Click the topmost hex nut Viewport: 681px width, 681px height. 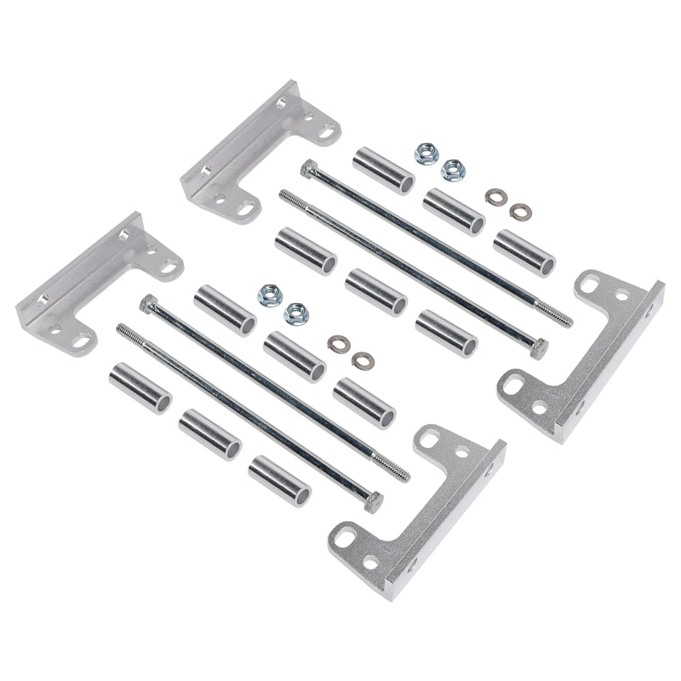[x=425, y=153]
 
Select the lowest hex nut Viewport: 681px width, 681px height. [x=296, y=312]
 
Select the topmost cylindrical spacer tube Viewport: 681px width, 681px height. [x=383, y=169]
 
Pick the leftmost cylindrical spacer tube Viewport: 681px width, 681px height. [x=140, y=387]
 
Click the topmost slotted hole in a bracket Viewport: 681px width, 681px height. [x=327, y=133]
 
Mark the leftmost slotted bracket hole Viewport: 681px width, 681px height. [x=83, y=340]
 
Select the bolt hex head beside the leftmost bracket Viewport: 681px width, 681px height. [x=150, y=303]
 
